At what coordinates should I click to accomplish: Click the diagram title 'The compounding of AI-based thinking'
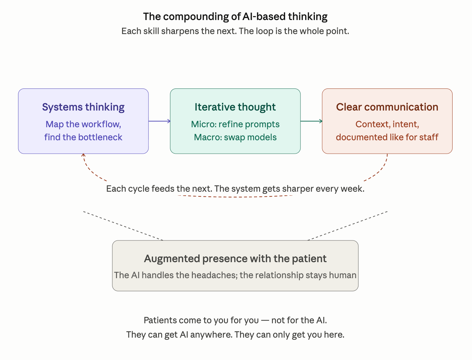(235, 17)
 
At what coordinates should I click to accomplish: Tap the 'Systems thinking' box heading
(83, 107)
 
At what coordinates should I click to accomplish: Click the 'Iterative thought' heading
(235, 107)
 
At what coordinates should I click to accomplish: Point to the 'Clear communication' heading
(387, 107)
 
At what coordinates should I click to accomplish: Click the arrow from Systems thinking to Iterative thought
(159, 121)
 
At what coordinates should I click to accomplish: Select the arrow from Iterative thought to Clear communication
(311, 121)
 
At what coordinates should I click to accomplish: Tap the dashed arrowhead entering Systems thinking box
(83, 155)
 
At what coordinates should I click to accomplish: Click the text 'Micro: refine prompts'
(235, 124)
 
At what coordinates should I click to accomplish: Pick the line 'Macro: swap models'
(235, 137)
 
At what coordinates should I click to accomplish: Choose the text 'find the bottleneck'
(83, 137)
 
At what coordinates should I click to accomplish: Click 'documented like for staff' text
(387, 137)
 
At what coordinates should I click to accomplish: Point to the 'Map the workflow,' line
(83, 124)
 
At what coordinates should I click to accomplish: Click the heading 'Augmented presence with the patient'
(235, 259)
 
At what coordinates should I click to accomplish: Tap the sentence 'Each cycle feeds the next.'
(159, 189)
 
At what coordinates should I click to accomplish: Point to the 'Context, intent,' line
(387, 124)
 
